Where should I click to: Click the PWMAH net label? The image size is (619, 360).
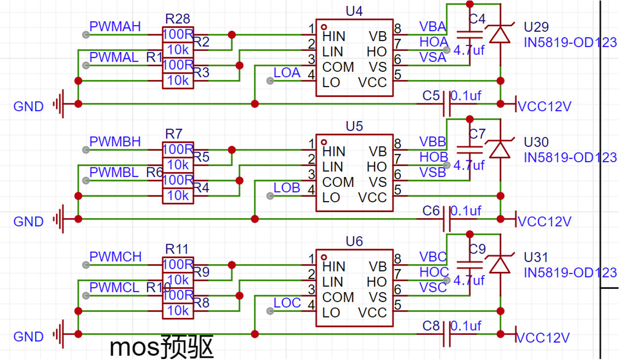coord(115,26)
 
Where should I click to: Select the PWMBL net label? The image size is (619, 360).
coord(114,172)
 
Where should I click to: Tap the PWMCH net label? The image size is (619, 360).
coord(115,257)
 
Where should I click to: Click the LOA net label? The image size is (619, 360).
coord(287,73)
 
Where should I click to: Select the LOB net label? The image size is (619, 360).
coord(287,188)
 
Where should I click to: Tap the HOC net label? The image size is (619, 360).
coord(433,271)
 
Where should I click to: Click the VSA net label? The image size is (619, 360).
coord(433,57)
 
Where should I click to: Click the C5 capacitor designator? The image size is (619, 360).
coord(431,96)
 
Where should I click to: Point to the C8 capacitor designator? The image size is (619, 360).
coord(431,326)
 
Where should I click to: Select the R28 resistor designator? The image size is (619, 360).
coord(177,19)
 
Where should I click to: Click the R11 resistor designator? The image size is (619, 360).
coord(177,249)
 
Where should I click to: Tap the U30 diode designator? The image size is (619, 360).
coord(536,142)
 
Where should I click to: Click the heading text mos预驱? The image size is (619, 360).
coord(162,348)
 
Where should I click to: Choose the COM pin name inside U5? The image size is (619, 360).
coord(338,182)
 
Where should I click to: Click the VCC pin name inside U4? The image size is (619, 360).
coord(372,82)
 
